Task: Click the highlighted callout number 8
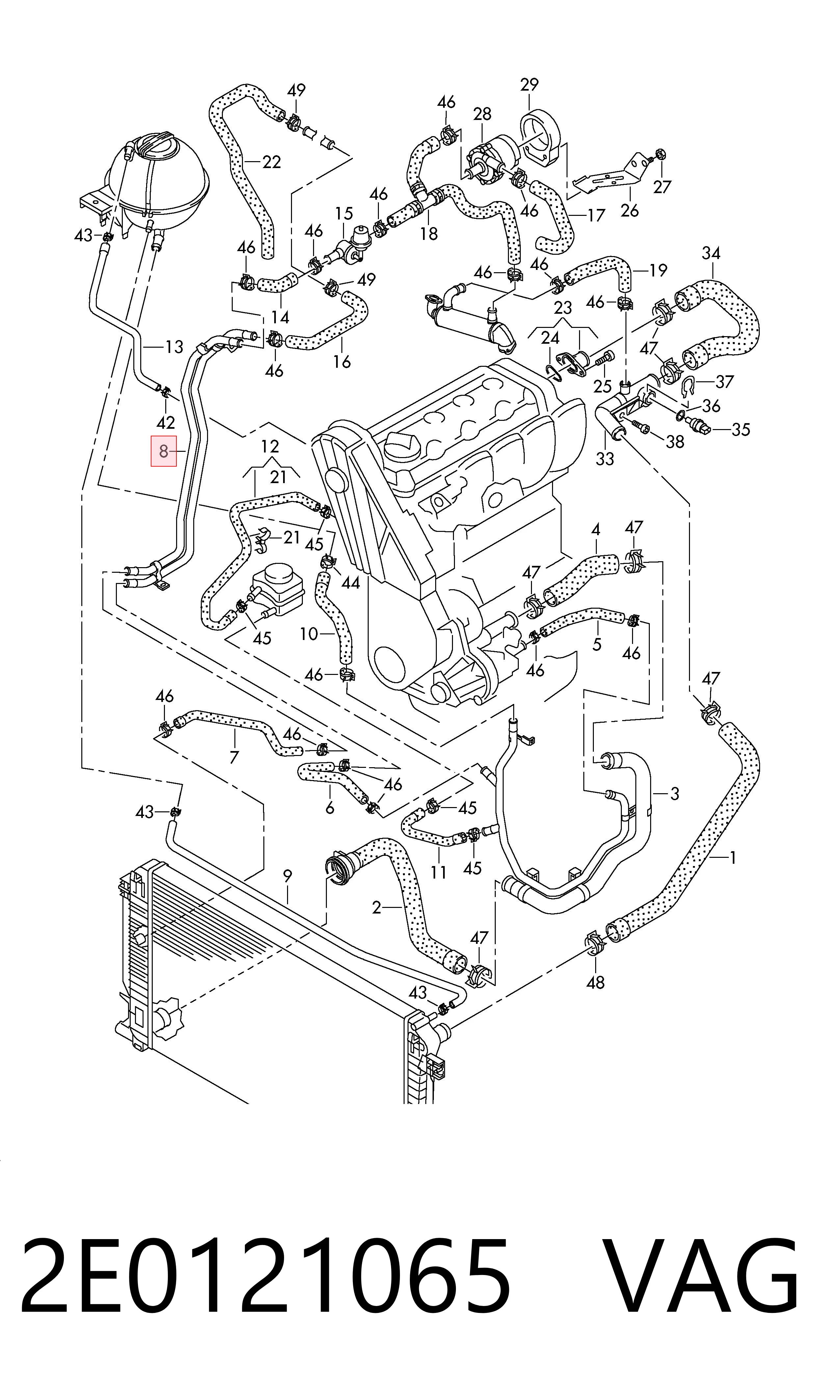point(164,451)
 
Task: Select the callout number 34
point(711,253)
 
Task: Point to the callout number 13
point(174,347)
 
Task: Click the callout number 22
point(271,162)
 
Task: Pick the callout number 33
point(605,459)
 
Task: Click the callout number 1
point(733,858)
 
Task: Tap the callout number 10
point(309,634)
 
